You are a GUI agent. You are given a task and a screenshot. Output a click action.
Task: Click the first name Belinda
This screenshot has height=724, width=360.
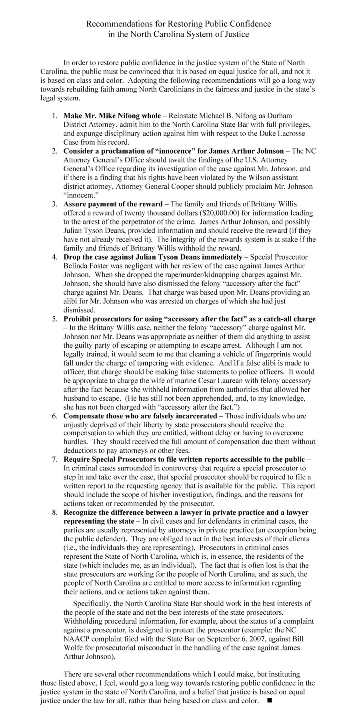click(75, 266)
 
